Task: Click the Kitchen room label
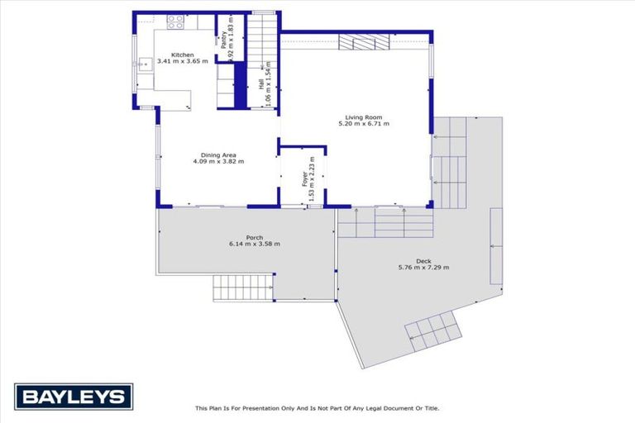[182, 55]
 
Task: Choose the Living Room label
[364, 116]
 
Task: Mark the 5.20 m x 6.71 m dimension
[364, 124]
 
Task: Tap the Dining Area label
[218, 154]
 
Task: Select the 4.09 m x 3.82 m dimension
[218, 162]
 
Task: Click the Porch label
[254, 237]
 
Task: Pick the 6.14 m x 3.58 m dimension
[254, 245]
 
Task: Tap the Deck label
[423, 261]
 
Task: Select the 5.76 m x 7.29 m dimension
[423, 268]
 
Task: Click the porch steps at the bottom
[243, 288]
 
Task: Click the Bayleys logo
[73, 397]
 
